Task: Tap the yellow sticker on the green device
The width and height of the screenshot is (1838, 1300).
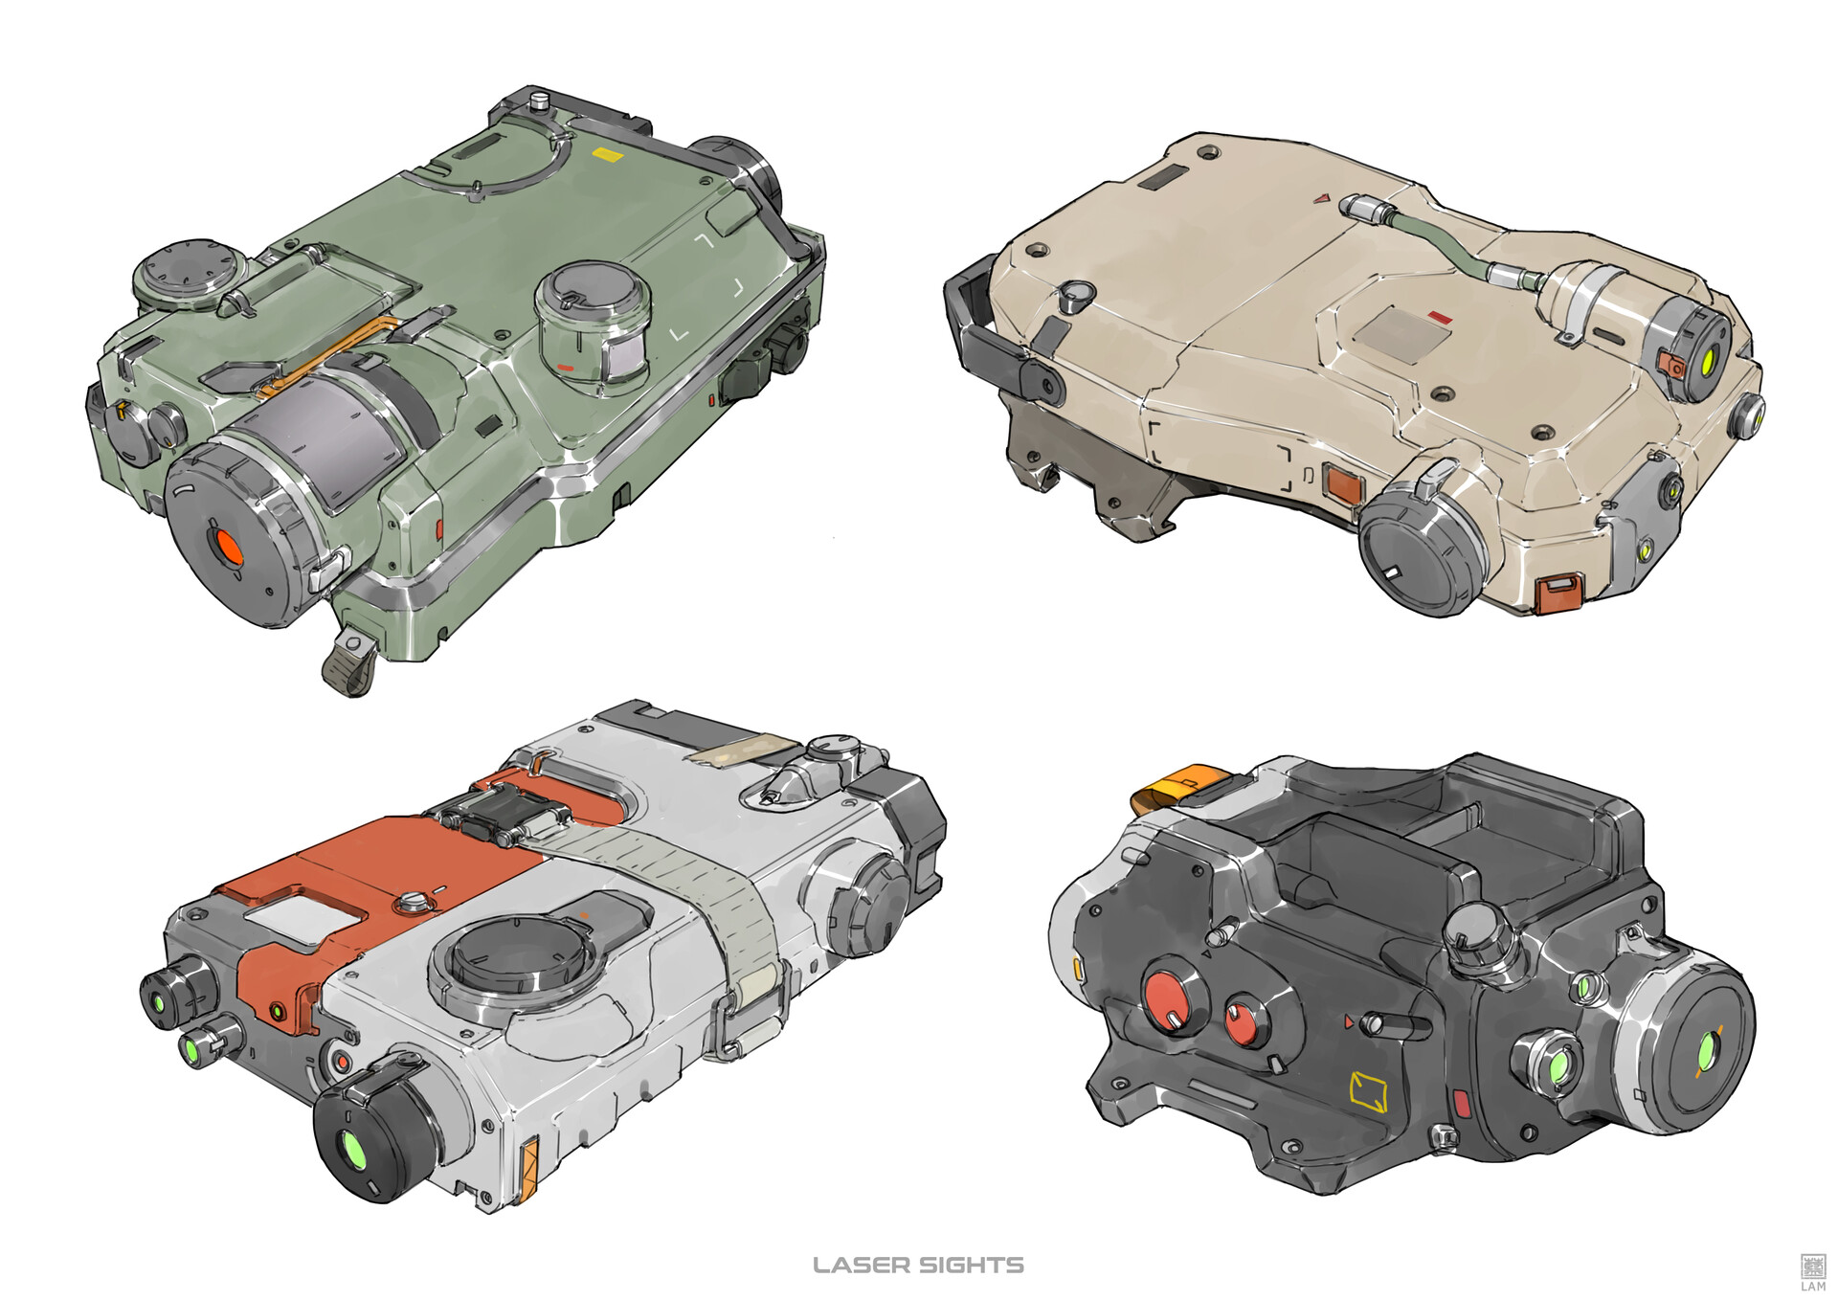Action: click(x=606, y=153)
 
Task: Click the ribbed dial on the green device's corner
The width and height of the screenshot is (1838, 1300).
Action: click(x=186, y=275)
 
